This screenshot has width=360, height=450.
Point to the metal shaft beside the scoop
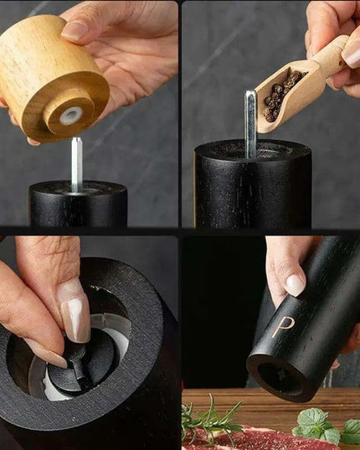(250, 122)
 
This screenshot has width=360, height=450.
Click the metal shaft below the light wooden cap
(76, 163)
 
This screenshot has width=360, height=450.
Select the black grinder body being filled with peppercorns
(252, 189)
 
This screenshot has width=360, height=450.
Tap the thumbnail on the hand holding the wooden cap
(75, 31)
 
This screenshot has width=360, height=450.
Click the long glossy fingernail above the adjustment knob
(75, 311)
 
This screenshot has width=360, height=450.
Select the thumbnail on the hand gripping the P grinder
(295, 285)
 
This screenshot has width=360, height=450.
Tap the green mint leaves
(322, 426)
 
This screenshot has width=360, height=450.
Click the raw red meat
(251, 439)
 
